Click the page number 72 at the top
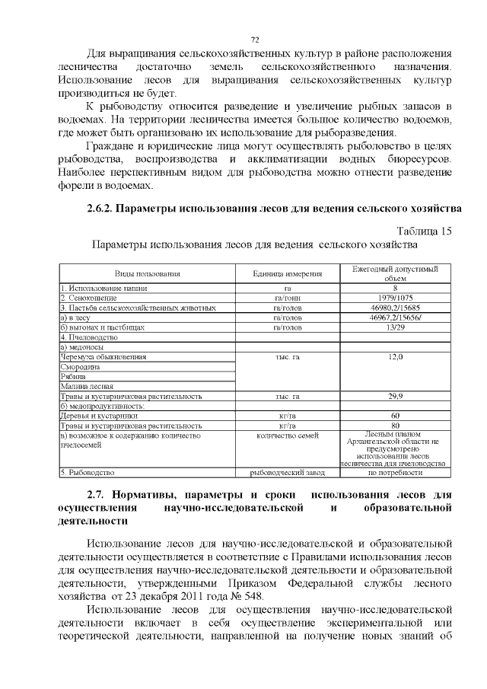click(256, 40)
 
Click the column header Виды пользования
click(147, 274)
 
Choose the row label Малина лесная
click(84, 386)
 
